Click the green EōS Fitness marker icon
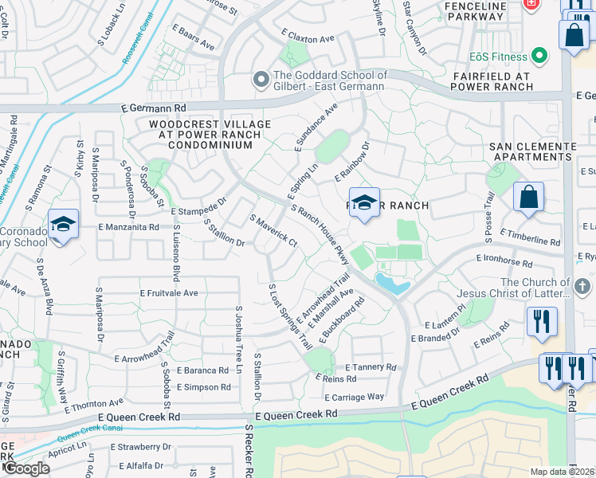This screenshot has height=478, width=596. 539,56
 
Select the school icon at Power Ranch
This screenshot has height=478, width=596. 364,203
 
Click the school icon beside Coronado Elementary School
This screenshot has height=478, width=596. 63,224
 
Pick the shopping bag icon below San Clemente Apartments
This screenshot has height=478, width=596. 528,196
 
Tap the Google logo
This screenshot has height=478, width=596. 25,468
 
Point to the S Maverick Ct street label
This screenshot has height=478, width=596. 273,230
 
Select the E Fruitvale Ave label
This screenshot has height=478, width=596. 169,293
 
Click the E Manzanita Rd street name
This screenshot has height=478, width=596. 129,227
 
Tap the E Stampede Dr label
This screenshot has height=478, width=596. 199,206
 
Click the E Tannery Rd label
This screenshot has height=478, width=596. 371,367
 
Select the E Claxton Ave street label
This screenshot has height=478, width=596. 308,38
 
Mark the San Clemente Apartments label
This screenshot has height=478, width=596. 531,152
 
